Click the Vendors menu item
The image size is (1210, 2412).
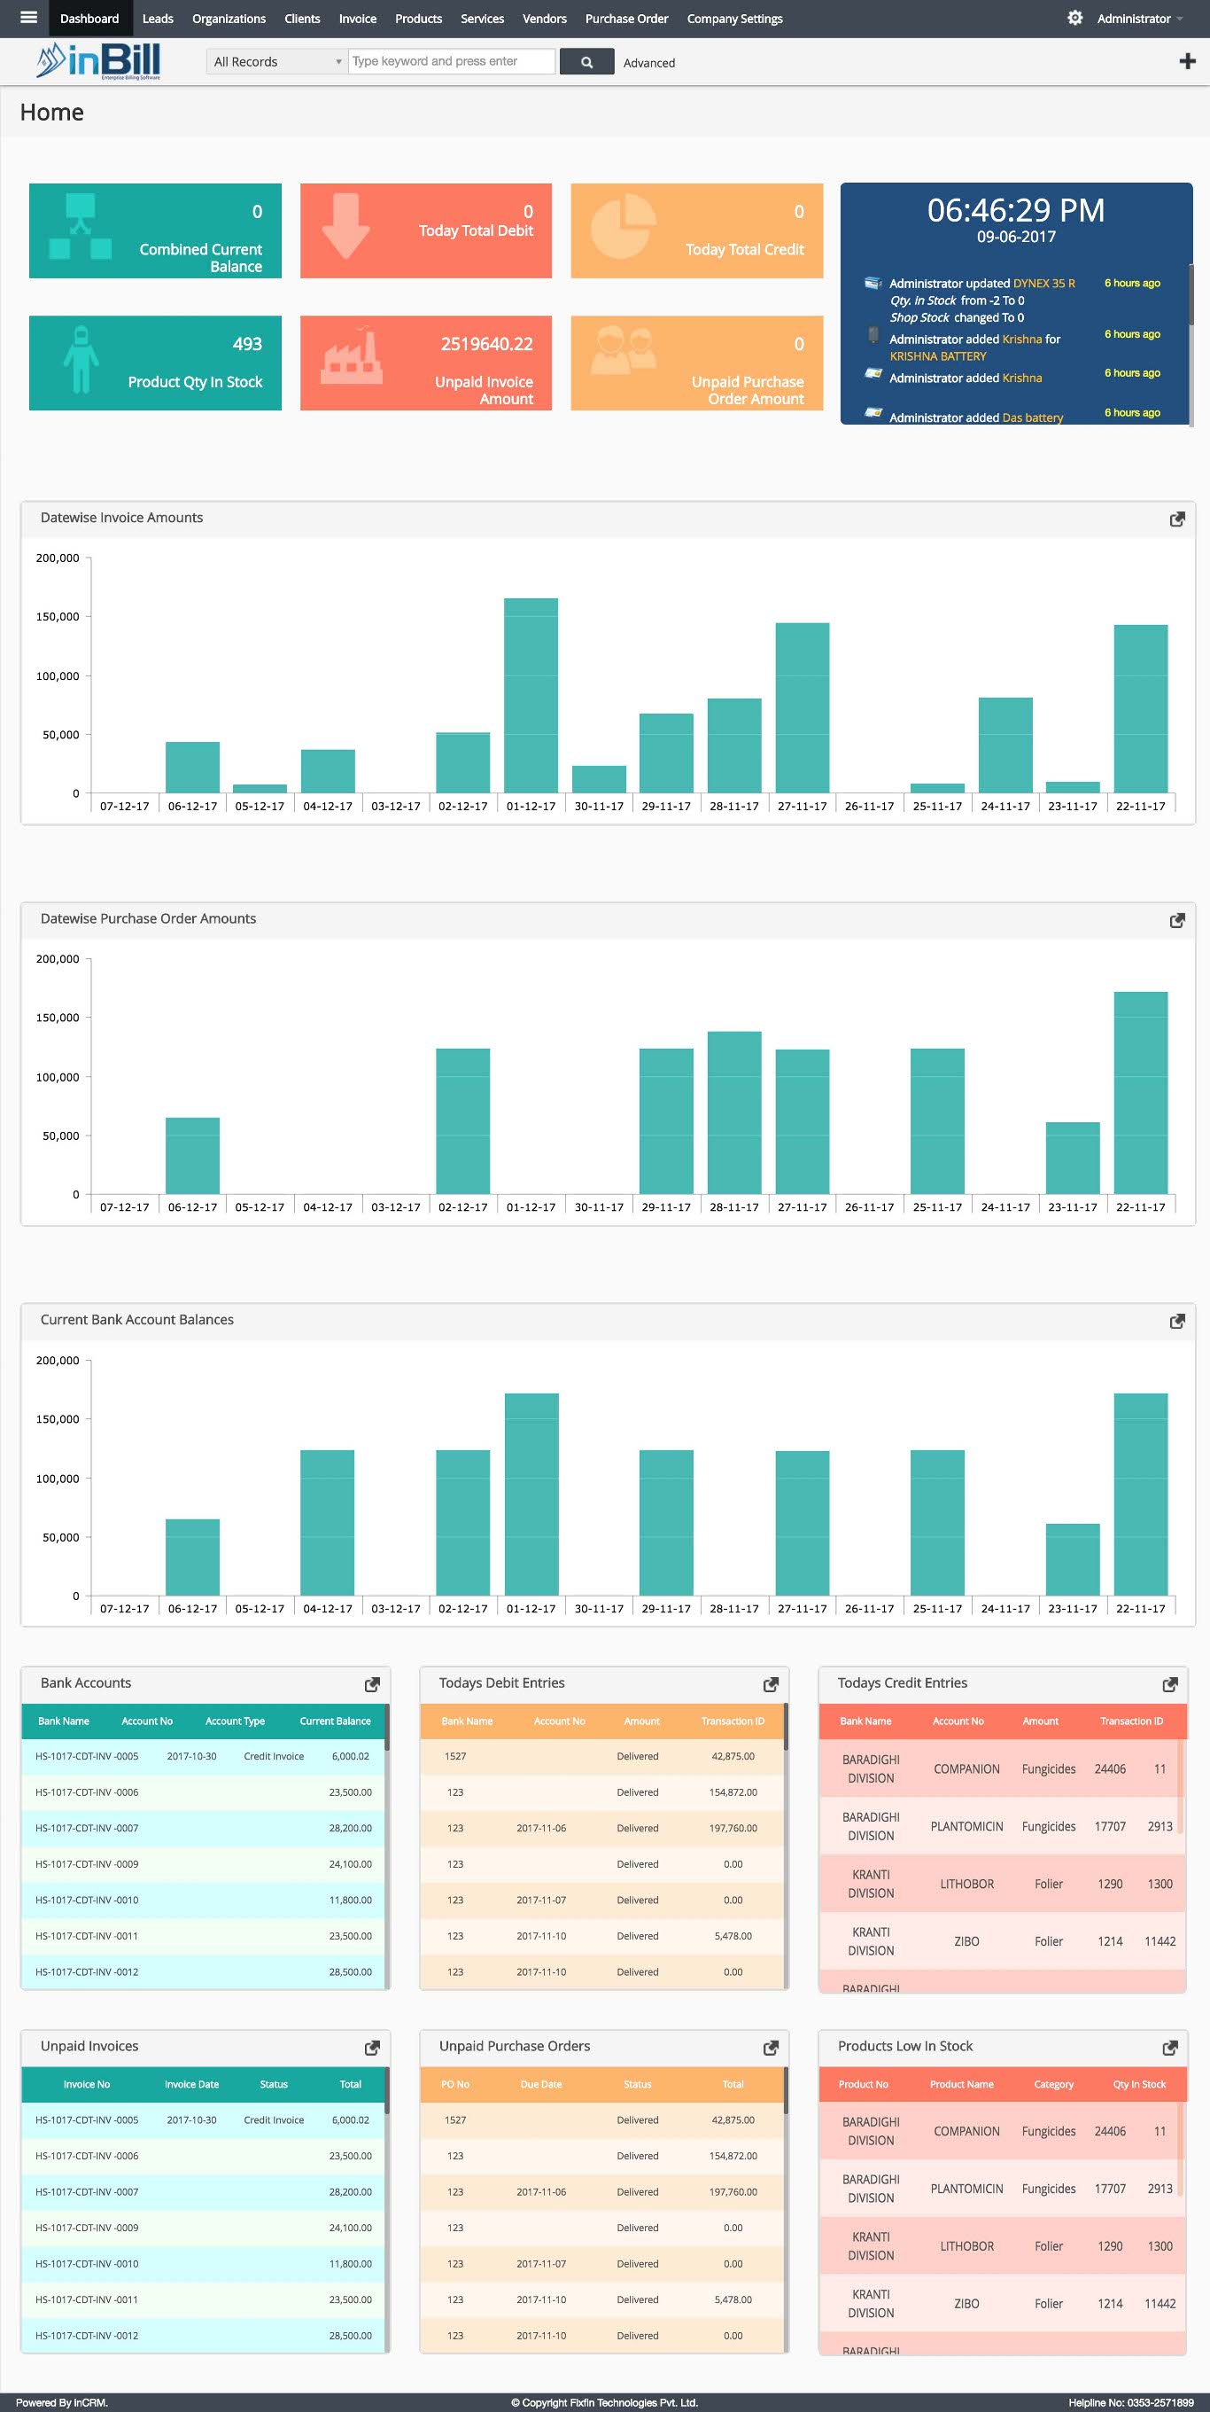point(544,19)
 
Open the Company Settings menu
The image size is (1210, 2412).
point(733,19)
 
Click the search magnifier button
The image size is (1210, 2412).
point(586,62)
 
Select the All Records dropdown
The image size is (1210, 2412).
point(275,62)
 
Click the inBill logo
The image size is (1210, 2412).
point(99,62)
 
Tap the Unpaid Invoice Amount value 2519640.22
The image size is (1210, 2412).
point(486,345)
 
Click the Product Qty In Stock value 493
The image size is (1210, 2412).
point(247,345)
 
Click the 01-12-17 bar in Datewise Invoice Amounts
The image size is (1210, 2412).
point(531,695)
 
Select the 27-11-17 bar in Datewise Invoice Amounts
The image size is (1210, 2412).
point(802,708)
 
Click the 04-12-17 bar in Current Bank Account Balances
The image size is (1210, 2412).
point(328,1523)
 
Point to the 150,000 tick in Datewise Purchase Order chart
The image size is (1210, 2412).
point(57,1018)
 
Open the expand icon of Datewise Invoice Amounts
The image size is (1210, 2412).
point(1177,519)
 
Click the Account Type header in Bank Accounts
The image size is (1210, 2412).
point(235,1721)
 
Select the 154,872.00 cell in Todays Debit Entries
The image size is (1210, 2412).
point(733,1792)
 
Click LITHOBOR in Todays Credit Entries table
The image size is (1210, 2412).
point(966,1884)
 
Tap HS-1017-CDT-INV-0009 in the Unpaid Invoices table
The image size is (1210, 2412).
point(87,2228)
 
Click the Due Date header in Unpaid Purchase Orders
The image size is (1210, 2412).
point(541,2084)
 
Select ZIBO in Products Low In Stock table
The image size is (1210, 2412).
point(966,2303)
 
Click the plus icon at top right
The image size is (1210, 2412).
point(1187,62)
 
